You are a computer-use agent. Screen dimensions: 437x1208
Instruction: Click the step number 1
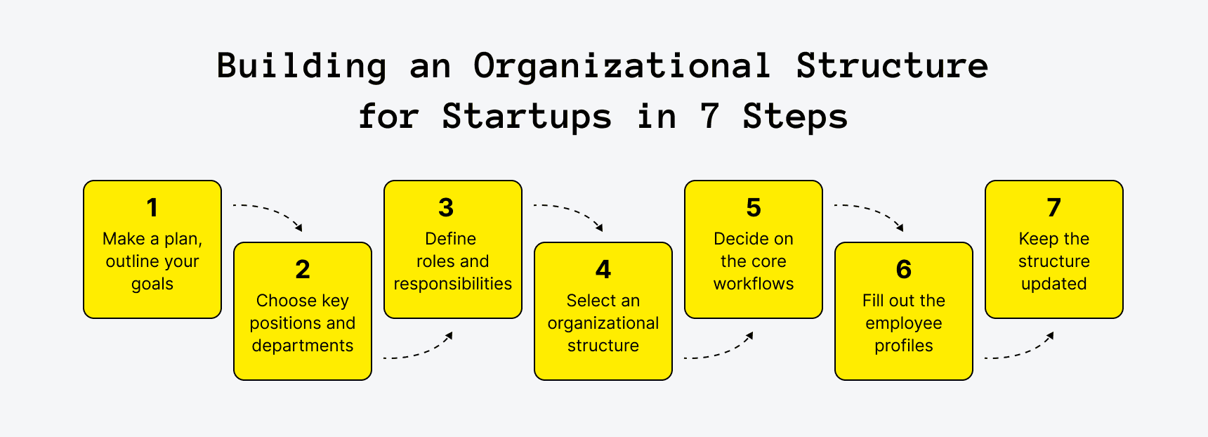[x=152, y=208]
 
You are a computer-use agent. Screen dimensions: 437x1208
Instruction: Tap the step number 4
[x=603, y=270]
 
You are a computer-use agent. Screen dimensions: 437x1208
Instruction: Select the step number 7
[x=1053, y=208]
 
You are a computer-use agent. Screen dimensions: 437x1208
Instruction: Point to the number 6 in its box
[x=904, y=270]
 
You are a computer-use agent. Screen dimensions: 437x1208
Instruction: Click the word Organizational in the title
[x=622, y=67]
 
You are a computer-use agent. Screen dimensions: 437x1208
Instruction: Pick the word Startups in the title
[x=527, y=117]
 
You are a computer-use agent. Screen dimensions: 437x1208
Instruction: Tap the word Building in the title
[x=301, y=67]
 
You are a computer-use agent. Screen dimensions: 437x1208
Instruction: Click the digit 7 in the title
[x=709, y=117]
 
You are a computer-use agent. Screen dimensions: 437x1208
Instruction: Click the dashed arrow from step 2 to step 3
[x=419, y=348]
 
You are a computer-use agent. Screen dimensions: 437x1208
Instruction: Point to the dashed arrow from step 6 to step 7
[x=1020, y=348]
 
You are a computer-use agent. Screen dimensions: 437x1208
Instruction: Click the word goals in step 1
[x=152, y=285]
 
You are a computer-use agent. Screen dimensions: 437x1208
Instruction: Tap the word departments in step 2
[x=303, y=346]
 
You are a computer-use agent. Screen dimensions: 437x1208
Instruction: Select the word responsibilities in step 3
[x=453, y=284]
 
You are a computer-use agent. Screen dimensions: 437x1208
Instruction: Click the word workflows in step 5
[x=754, y=284]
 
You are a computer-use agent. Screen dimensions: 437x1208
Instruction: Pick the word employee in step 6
[x=904, y=324]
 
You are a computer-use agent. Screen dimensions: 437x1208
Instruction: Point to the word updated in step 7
[x=1053, y=284]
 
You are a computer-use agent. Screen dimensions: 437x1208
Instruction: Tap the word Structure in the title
[x=892, y=67]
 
